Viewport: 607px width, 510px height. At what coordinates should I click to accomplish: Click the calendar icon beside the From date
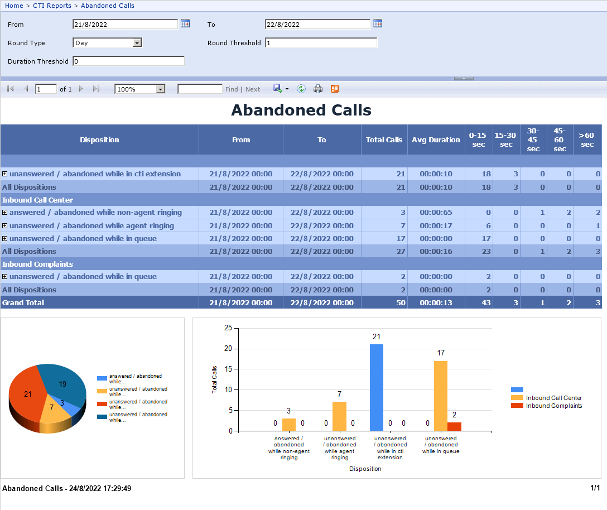[x=185, y=23]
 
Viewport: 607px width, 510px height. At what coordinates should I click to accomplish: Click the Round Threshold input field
[x=321, y=43]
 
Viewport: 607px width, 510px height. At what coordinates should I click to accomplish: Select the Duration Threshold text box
[x=128, y=61]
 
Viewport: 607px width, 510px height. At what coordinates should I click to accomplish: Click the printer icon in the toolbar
[x=318, y=89]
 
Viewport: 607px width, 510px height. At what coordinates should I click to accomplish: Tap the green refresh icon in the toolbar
[x=301, y=89]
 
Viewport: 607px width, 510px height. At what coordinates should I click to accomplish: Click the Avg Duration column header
[x=436, y=140]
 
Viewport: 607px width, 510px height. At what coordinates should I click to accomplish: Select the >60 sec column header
[x=587, y=140]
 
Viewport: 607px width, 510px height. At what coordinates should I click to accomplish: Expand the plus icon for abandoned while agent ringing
[x=5, y=226]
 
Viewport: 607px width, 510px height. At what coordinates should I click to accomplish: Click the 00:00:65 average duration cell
[x=436, y=213]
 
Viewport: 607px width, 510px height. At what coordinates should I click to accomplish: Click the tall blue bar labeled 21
[x=377, y=387]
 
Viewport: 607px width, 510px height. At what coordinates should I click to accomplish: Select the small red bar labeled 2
[x=454, y=426]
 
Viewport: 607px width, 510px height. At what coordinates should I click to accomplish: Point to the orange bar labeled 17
[x=441, y=396]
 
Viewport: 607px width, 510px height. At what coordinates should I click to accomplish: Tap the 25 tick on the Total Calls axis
[x=213, y=328]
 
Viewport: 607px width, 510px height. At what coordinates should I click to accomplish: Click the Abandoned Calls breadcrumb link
[x=108, y=6]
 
